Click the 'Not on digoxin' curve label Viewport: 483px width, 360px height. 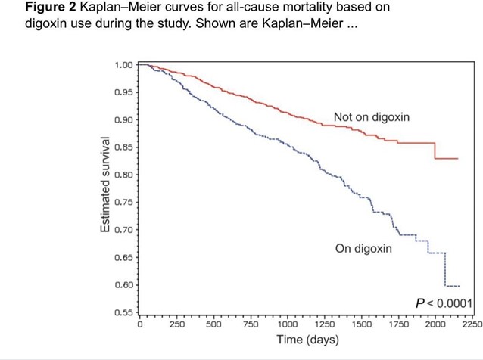[x=371, y=117]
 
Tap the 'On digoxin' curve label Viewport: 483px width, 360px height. [x=363, y=248]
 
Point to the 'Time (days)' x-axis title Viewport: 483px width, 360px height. [x=306, y=340]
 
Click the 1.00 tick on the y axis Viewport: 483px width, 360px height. [x=123, y=65]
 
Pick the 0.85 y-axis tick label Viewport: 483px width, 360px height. [x=123, y=147]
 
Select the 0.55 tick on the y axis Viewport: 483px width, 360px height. [x=123, y=312]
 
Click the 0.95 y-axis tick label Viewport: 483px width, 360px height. [x=123, y=92]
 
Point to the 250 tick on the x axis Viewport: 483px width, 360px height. [x=176, y=324]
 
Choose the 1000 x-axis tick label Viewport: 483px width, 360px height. [x=287, y=324]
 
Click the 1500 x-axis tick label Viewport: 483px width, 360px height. [x=361, y=324]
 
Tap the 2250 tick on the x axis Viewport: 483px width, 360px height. [x=471, y=324]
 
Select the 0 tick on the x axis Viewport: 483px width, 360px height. [x=140, y=324]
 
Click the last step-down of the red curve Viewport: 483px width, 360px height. [x=435, y=151]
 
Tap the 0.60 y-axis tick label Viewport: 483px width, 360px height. [x=123, y=284]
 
